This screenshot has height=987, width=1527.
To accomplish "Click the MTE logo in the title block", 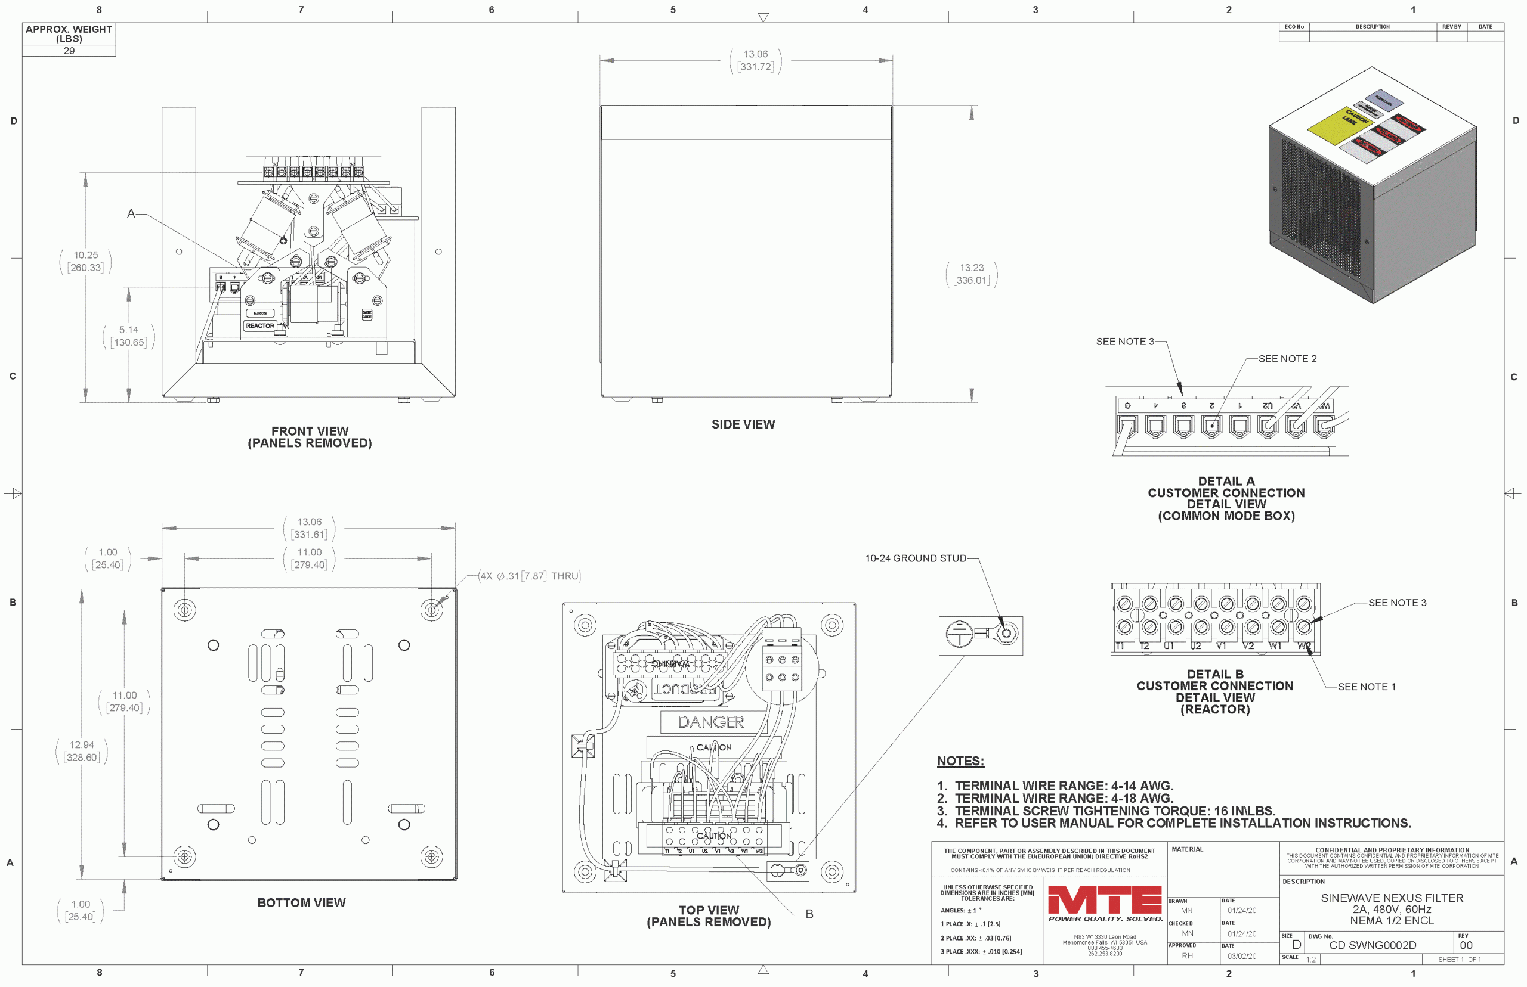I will [x=1104, y=900].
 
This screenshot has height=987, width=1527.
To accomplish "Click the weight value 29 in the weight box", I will [x=69, y=51].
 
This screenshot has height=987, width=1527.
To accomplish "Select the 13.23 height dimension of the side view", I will [x=971, y=274].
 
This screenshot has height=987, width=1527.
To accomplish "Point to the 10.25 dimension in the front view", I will [x=85, y=261].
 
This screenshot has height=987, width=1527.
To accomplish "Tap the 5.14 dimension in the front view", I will [x=128, y=336].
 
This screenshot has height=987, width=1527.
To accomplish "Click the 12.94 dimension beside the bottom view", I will [x=82, y=750].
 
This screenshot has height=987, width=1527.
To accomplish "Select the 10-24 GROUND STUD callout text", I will [x=915, y=558].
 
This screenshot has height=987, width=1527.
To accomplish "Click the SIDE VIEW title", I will [x=743, y=424].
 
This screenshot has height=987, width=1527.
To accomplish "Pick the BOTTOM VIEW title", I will [x=301, y=902].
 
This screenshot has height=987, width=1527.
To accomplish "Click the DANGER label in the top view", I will [x=710, y=722].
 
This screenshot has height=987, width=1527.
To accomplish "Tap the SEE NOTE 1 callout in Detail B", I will [x=1366, y=687].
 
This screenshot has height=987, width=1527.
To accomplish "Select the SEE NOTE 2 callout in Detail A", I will [x=1287, y=359].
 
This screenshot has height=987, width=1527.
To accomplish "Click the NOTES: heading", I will [x=960, y=761].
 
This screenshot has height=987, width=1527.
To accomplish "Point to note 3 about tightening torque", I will [x=1114, y=811].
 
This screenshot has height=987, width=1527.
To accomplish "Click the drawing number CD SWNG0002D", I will [x=1372, y=945].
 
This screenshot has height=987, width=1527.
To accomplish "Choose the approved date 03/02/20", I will [x=1242, y=956].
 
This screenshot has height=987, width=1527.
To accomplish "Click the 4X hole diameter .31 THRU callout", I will [x=530, y=576].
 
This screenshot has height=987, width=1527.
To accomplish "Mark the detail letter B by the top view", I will [x=809, y=914].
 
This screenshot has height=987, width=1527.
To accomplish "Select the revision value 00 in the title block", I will [x=1466, y=945].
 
